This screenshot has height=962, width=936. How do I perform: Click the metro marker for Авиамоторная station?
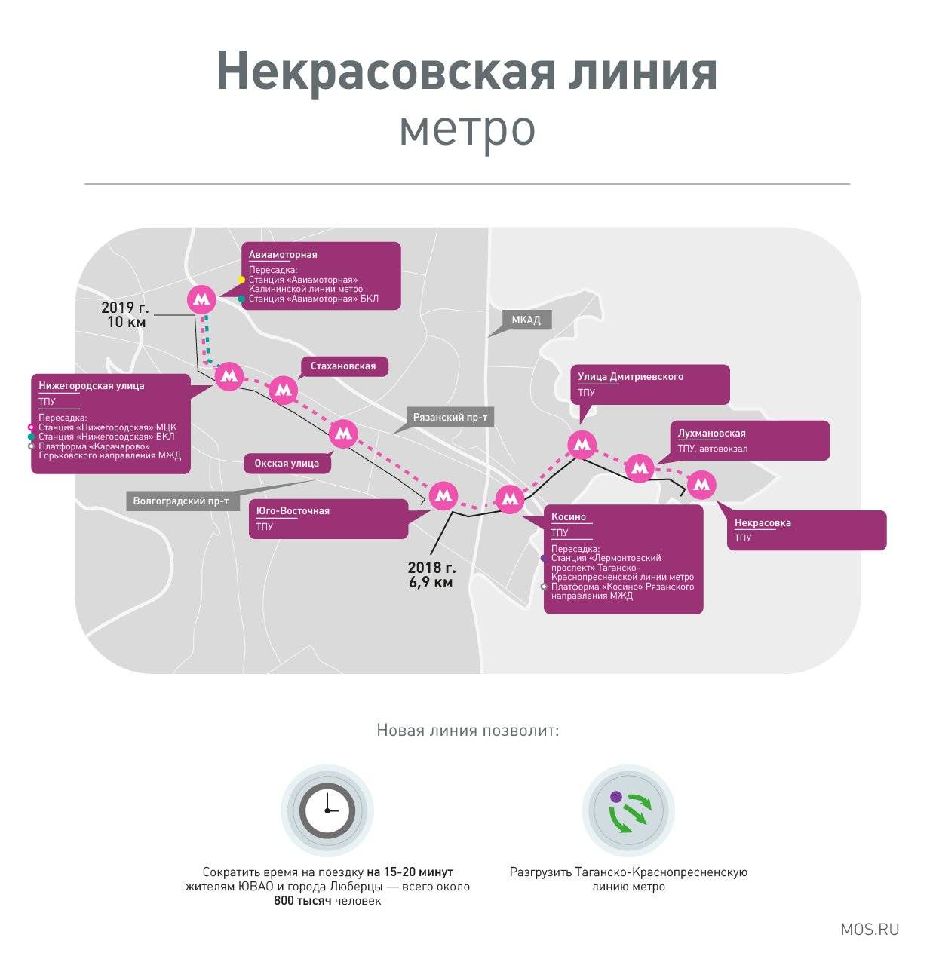pos(201,299)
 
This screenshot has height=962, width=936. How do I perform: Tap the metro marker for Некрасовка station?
pos(701,485)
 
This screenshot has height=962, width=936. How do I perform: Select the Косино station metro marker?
pos(510,498)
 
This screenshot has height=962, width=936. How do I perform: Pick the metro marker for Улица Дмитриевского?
pos(582,445)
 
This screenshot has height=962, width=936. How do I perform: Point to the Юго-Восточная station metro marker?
pos(443,495)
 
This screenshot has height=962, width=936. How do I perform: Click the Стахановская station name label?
pos(343,366)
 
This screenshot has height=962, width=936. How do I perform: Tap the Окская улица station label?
pos(287,464)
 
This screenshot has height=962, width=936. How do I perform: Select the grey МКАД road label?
pos(526,320)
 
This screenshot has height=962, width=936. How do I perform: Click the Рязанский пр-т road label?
pos(449,418)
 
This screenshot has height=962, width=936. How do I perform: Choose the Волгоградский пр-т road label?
pos(180,501)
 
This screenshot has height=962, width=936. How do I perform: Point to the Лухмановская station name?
pos(711,434)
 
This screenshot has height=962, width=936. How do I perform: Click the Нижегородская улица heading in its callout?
pos(91,386)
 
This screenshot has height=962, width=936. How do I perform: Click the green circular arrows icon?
pos(628,810)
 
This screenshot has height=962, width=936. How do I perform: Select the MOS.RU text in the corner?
pos(870,929)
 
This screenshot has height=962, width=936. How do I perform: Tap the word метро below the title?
pos(467,128)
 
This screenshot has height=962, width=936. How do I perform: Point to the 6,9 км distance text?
pos(431,582)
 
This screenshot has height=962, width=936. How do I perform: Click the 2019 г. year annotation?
pos(126,308)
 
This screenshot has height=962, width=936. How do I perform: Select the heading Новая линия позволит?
pos(468,731)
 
